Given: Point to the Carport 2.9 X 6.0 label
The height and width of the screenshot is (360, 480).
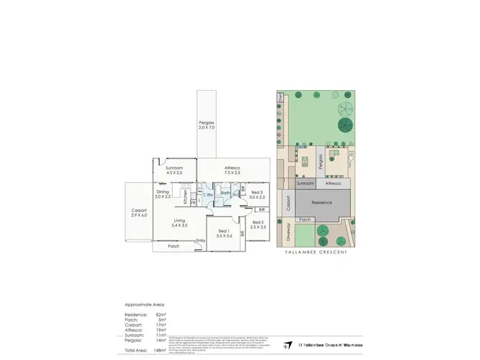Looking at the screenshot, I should [x=139, y=213].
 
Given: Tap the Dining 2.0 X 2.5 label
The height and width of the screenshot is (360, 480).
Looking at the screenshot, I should [x=163, y=194].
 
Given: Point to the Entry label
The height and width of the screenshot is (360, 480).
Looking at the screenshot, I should [x=200, y=240].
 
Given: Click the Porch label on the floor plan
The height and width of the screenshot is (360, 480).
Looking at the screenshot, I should [x=173, y=246].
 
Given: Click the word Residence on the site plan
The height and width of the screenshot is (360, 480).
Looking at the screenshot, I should [x=321, y=202].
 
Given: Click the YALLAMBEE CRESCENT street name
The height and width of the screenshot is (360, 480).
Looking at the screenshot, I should [x=316, y=253].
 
